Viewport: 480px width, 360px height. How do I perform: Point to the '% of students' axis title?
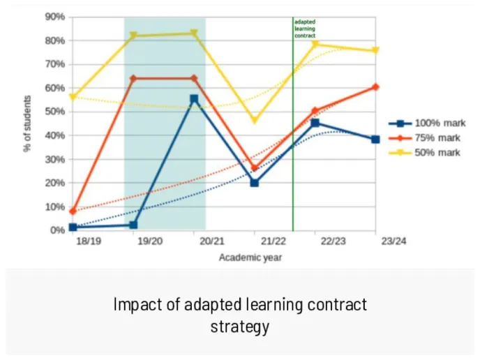point(29,124)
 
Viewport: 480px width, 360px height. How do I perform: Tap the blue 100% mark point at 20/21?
point(194,99)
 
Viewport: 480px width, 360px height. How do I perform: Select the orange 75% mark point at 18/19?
point(73,211)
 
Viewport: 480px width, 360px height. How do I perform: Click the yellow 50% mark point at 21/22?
point(254,121)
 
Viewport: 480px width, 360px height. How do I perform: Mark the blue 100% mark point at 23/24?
point(375,140)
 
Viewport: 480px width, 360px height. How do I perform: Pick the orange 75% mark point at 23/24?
point(375,87)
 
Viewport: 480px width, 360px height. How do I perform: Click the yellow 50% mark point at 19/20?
point(133,36)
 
